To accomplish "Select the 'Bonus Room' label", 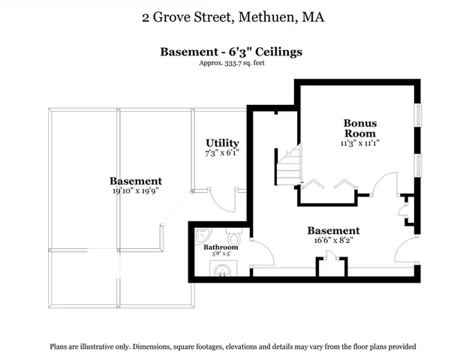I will [x=359, y=127].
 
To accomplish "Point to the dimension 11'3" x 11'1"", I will [x=359, y=142].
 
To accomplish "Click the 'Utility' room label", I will [x=222, y=142].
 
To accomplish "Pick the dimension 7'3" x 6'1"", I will [x=222, y=153].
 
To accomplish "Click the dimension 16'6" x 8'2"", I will [x=333, y=241].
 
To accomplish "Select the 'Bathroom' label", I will [x=221, y=247].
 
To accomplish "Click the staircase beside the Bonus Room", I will [x=288, y=167].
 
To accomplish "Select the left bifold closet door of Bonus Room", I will [x=313, y=184].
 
